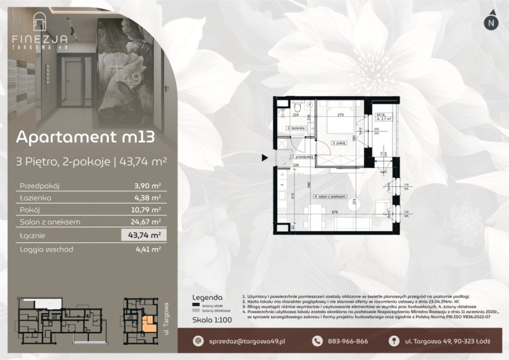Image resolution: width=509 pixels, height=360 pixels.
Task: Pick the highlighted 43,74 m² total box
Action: click(144, 235)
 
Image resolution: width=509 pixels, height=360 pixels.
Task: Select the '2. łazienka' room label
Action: click(300, 129)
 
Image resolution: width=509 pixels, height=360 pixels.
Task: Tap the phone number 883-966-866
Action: click(347, 342)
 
